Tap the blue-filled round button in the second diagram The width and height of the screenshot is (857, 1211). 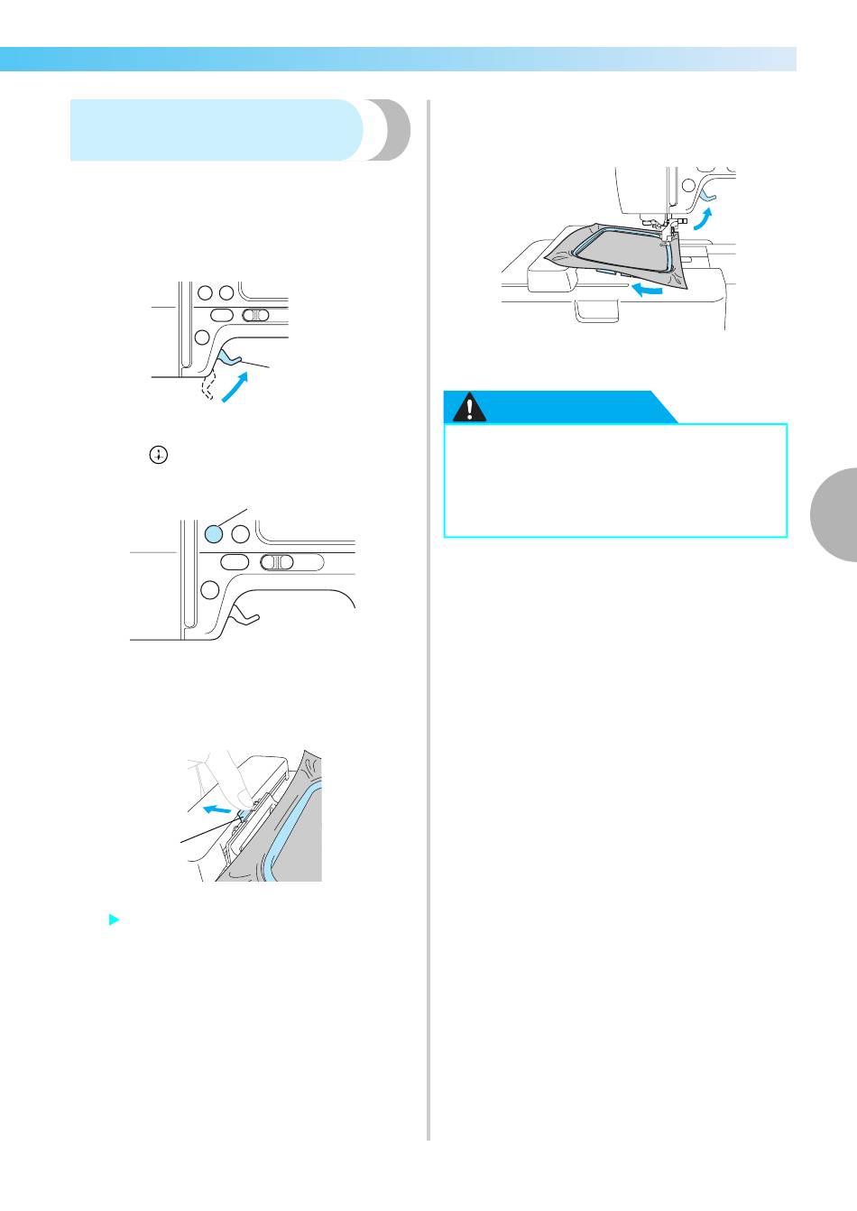[x=213, y=533]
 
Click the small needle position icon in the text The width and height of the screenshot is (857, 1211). [x=159, y=456]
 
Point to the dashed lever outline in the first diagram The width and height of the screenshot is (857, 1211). [x=209, y=386]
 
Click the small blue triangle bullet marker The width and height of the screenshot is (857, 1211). [x=113, y=920]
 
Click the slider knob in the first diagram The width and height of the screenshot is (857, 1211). [x=255, y=315]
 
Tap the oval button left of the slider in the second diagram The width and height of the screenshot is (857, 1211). [x=234, y=562]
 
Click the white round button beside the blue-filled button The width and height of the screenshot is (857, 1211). [x=240, y=533]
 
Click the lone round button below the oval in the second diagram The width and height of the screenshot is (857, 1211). [x=209, y=590]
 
